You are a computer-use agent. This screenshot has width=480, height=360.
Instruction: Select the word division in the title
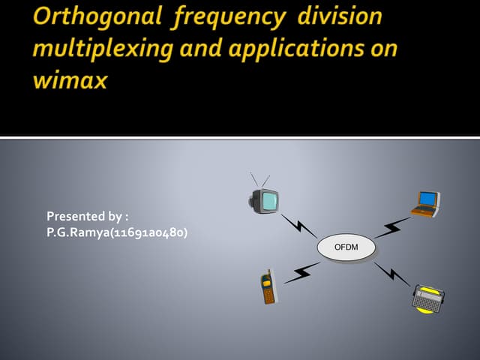coord(339,17)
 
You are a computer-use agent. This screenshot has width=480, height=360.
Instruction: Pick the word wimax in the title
coord(70,80)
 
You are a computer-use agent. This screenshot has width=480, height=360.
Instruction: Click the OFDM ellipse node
coord(346,247)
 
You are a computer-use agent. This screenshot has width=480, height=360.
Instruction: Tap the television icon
coord(264,200)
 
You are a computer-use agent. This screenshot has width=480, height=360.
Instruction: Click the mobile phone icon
coord(268,287)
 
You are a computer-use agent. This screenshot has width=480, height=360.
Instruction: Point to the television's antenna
coord(259,180)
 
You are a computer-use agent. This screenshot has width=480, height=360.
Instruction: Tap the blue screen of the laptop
coord(427,199)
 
